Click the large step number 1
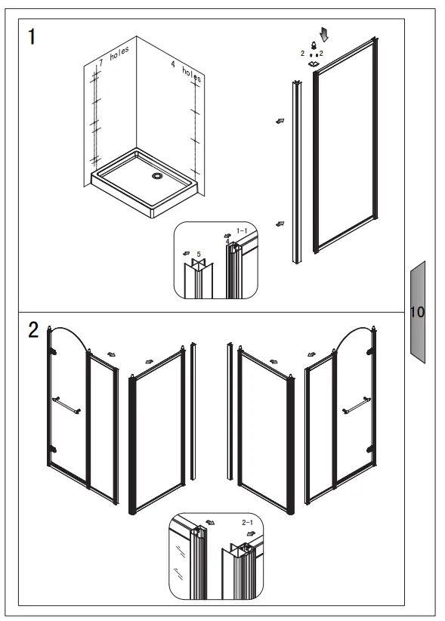click(x=31, y=37)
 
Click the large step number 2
click(x=33, y=330)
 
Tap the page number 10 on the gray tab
click(x=418, y=311)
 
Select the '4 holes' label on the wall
click(x=187, y=72)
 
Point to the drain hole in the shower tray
click(x=157, y=176)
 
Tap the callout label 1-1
click(x=242, y=230)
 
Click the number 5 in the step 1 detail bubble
click(x=199, y=254)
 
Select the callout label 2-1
click(x=247, y=522)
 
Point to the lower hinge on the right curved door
click(x=370, y=450)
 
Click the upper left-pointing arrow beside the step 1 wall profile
click(x=280, y=120)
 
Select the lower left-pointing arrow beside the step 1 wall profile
click(x=280, y=224)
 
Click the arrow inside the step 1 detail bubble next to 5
click(x=186, y=255)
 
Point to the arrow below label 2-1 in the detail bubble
click(x=249, y=533)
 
